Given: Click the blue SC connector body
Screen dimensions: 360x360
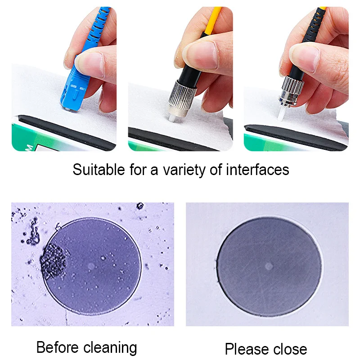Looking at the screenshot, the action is point(73,90).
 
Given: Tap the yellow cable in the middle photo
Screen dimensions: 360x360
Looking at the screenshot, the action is point(213,21).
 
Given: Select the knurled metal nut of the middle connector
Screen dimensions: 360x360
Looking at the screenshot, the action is point(182,94).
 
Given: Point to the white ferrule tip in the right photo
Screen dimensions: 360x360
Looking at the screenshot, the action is point(280,114).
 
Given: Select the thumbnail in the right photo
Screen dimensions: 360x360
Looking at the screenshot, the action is point(305,58).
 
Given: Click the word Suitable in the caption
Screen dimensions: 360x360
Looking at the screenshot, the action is point(99,170).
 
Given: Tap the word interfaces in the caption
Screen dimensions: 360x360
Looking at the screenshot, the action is point(257,170).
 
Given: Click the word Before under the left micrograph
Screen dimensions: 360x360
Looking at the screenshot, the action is point(57,347).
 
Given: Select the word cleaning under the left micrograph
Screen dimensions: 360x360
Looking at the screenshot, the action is point(110,348).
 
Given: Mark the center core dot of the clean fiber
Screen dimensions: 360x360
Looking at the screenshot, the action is point(269,266).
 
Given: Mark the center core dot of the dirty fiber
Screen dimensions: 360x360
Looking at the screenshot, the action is point(91,266).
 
